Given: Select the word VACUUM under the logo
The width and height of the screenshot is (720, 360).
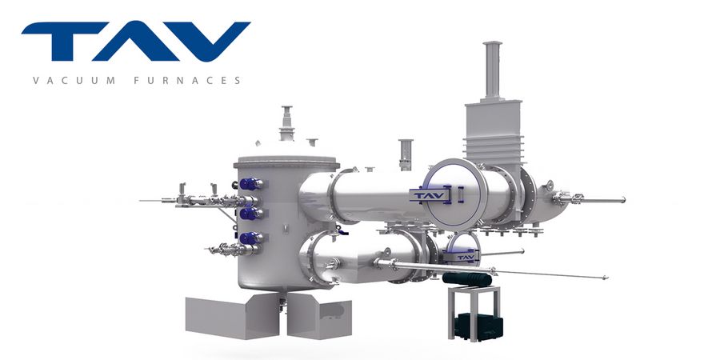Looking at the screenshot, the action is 74,80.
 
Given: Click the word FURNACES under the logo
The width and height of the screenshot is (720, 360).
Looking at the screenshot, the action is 187,80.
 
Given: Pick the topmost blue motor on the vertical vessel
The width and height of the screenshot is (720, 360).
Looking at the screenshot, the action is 250,184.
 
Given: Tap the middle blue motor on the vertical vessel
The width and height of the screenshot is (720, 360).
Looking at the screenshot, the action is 250,214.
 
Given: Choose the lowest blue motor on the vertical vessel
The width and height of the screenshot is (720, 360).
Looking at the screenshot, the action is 250,238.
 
